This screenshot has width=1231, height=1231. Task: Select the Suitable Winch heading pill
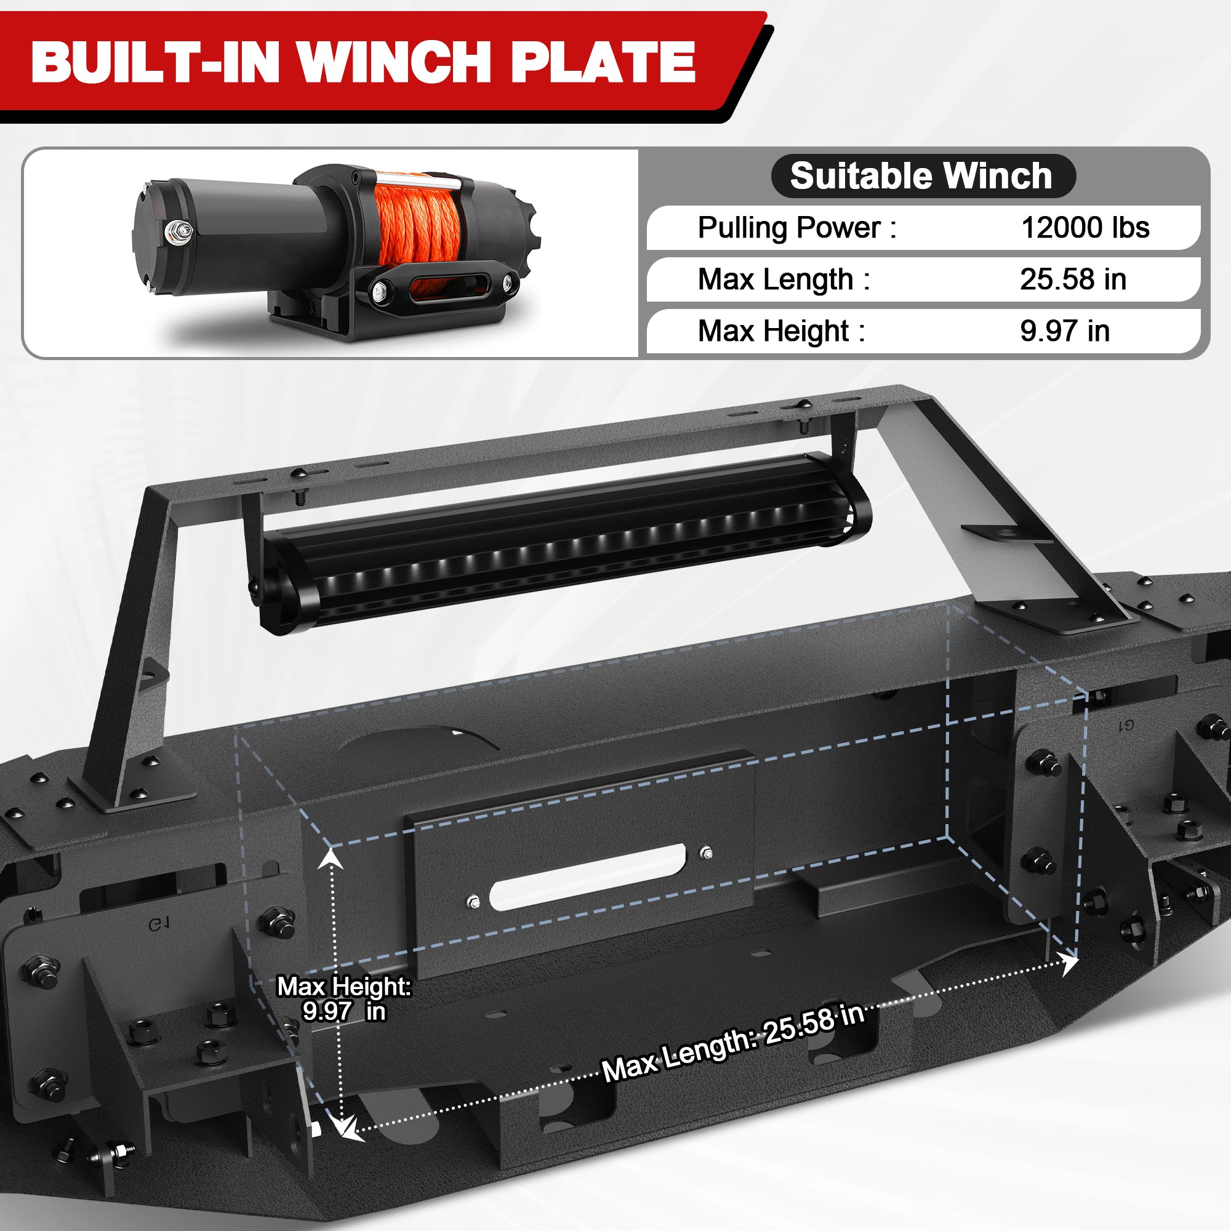tap(923, 176)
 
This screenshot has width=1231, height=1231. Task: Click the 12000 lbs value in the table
tap(1085, 228)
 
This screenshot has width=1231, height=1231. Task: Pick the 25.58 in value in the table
tap(1073, 279)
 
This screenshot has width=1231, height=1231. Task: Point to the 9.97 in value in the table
tap(1065, 331)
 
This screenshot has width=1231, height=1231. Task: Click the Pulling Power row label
tap(796, 228)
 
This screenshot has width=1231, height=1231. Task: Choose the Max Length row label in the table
tap(784, 279)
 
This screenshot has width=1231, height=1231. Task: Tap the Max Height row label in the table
tap(781, 331)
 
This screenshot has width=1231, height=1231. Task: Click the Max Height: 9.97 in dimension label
tap(344, 998)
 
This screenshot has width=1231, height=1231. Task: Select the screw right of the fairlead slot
tap(706, 853)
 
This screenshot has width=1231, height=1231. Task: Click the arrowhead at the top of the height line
tap(331, 859)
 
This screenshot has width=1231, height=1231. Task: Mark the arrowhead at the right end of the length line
tap(1070, 964)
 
